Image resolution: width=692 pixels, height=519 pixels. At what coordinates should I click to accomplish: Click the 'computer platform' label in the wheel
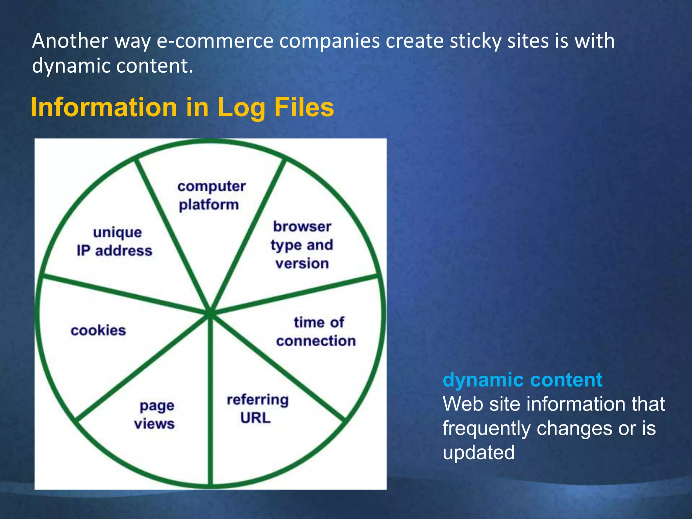click(211, 196)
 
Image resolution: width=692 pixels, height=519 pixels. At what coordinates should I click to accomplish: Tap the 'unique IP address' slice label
click(115, 242)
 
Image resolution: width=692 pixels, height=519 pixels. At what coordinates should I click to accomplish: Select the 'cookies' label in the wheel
click(98, 330)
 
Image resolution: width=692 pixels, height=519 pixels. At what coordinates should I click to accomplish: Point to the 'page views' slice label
click(155, 415)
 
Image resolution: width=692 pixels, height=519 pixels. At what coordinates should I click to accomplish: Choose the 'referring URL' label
click(257, 409)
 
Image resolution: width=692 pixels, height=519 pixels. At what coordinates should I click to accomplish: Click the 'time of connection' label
click(316, 332)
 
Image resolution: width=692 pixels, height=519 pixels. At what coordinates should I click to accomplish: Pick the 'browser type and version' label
click(302, 245)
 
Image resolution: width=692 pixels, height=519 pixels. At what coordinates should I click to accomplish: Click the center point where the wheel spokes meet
click(210, 313)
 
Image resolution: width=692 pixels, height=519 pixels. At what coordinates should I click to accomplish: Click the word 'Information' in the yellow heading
click(103, 107)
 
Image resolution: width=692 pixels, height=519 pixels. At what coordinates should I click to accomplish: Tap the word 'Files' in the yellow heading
click(304, 107)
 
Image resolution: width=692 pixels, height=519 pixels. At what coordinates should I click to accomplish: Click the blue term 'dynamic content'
click(522, 380)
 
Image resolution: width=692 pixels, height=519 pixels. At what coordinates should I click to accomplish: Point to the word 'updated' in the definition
click(478, 452)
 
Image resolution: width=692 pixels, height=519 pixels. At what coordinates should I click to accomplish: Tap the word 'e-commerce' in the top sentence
click(215, 41)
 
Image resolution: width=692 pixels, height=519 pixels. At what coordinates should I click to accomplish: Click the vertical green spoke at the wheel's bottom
click(210, 405)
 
